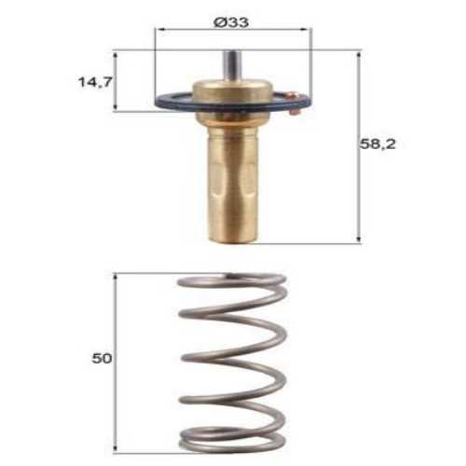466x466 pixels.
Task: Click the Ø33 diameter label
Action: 231,19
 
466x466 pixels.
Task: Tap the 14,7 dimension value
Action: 94,82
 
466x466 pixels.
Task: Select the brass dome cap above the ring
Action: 232,93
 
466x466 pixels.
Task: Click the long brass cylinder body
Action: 232,177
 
